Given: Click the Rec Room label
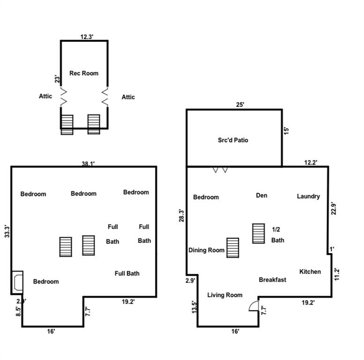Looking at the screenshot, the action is pyautogui.click(x=84, y=73).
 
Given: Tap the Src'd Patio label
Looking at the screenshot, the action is pyautogui.click(x=233, y=140).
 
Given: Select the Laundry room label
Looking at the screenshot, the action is pyautogui.click(x=308, y=196).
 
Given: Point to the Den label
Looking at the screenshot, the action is pyautogui.click(x=261, y=195).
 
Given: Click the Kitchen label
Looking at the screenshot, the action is pyautogui.click(x=310, y=271).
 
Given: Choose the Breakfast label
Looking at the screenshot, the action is pyautogui.click(x=272, y=280).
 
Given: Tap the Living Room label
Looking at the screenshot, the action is pyautogui.click(x=225, y=295).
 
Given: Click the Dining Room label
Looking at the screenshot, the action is pyautogui.click(x=207, y=250).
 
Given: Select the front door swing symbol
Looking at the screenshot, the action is pyautogui.click(x=253, y=306).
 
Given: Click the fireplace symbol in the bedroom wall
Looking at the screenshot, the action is pyautogui.click(x=17, y=282).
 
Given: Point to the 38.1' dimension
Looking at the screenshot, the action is pyautogui.click(x=88, y=164).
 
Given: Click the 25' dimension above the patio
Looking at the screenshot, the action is pyautogui.click(x=240, y=105).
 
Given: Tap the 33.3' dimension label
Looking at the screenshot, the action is pyautogui.click(x=7, y=231).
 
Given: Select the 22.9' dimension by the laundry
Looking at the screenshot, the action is pyautogui.click(x=334, y=208).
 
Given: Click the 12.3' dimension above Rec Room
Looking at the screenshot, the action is pyautogui.click(x=87, y=37).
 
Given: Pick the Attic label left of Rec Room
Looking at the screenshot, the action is pyautogui.click(x=45, y=96).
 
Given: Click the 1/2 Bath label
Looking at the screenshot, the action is pyautogui.click(x=278, y=234).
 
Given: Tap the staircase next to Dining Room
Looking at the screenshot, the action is pyautogui.click(x=233, y=248).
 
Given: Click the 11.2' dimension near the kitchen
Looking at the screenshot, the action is pyautogui.click(x=337, y=274).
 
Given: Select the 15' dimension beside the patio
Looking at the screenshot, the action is pyautogui.click(x=286, y=130).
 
